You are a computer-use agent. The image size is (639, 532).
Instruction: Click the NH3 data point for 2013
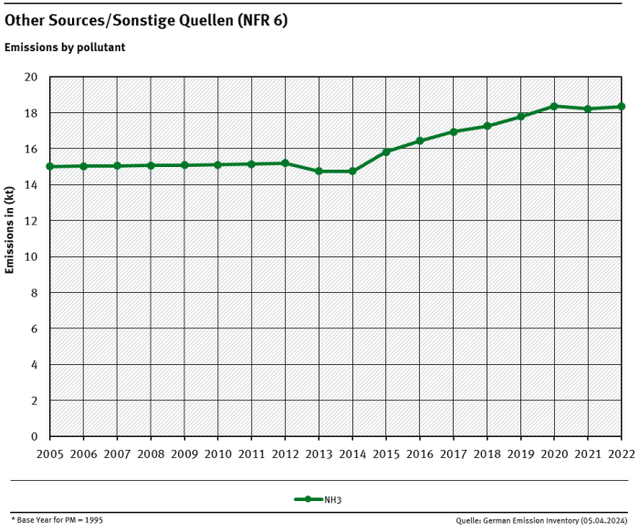319,172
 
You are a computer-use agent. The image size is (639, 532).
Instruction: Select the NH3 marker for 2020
554,107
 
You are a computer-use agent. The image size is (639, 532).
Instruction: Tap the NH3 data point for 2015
386,151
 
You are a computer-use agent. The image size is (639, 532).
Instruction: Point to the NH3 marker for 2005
49,167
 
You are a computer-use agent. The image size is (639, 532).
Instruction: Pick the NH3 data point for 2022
621,107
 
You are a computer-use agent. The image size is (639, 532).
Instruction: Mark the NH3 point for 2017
454,131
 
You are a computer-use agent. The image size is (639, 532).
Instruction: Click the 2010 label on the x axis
217,454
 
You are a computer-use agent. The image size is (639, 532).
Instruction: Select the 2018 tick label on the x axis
487,454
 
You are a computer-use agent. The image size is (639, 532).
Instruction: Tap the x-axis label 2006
83,454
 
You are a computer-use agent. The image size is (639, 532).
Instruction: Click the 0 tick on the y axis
34,436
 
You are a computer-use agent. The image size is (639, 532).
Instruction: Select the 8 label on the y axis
34,293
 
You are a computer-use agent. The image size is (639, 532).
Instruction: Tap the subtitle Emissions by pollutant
65,47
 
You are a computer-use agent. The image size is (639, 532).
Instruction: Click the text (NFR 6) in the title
261,20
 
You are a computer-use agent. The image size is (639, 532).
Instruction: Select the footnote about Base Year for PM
57,519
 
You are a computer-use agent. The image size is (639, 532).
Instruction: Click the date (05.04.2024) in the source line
603,520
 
